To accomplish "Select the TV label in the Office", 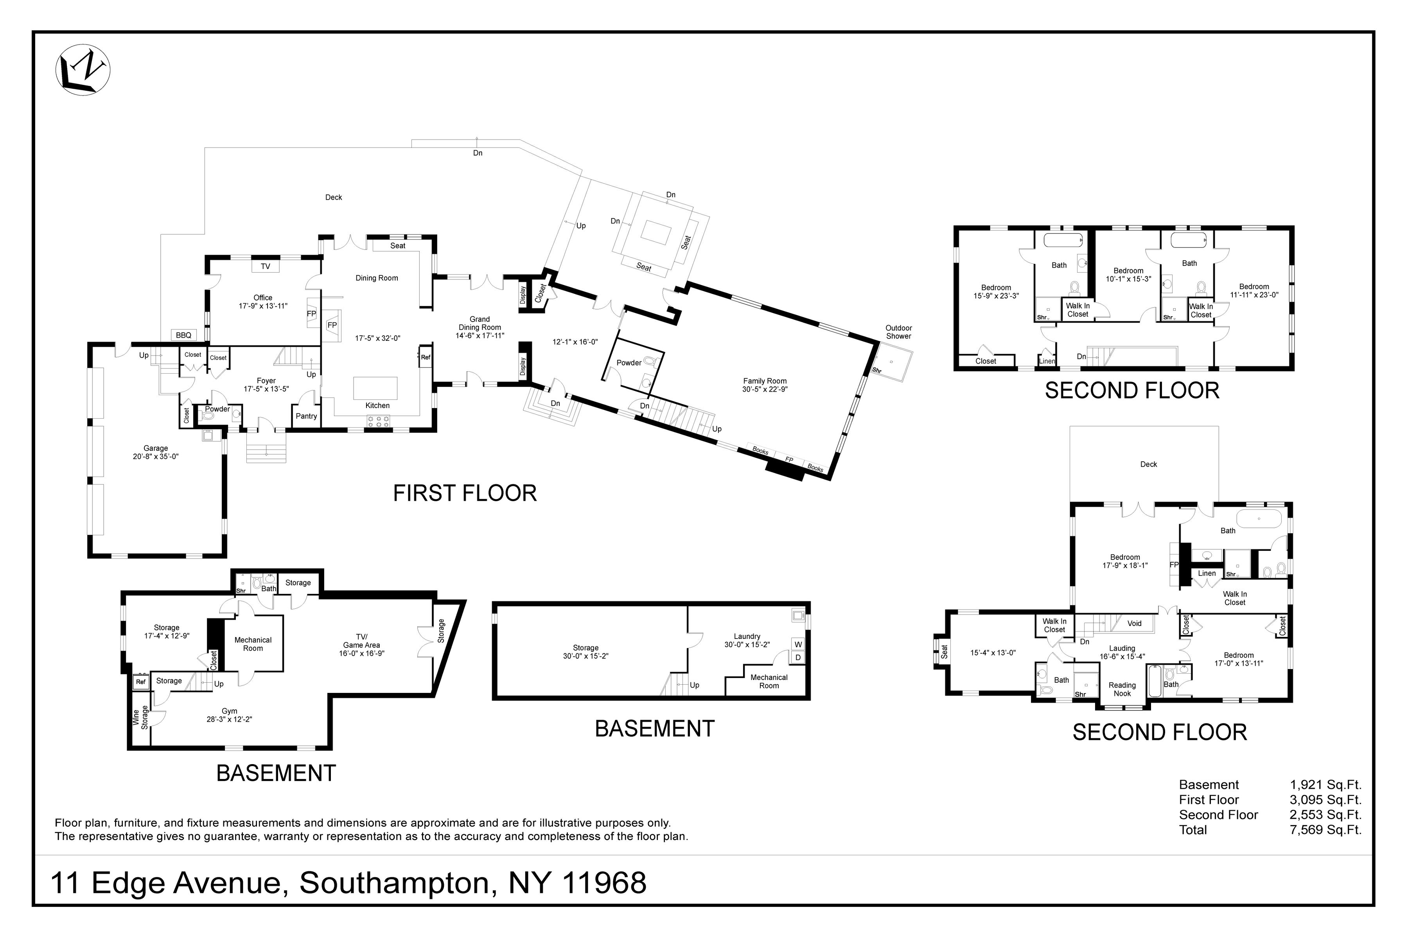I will tap(265, 266).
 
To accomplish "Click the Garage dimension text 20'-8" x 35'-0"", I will tap(156, 456).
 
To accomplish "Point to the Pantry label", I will tap(306, 416).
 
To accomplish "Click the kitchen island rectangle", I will tap(375, 388).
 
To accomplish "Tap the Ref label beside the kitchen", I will tap(426, 358).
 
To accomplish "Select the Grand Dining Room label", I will tap(480, 327).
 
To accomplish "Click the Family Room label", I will tap(765, 381).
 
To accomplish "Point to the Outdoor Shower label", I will tap(898, 332).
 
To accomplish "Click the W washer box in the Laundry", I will tap(798, 644).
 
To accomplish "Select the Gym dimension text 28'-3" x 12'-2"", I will tap(229, 719).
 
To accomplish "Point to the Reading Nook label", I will tap(1122, 689).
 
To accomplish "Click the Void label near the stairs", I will tap(1135, 623).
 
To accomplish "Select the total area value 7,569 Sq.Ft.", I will tap(1325, 829).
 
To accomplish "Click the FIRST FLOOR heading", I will tap(465, 493).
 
